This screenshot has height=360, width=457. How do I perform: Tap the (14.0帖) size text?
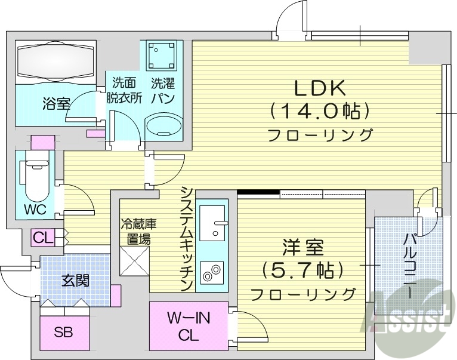pyautogui.click(x=320, y=110)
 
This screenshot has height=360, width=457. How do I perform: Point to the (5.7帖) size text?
pyautogui.click(x=302, y=270)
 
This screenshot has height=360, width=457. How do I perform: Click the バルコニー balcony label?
pyautogui.click(x=411, y=262)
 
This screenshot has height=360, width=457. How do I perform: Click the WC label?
pyautogui.click(x=35, y=210)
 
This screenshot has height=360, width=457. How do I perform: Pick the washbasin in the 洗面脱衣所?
pyautogui.click(x=165, y=127)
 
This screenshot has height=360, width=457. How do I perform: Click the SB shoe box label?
pyautogui.click(x=63, y=333)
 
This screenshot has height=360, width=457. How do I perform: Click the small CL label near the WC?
pyautogui.click(x=42, y=238)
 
